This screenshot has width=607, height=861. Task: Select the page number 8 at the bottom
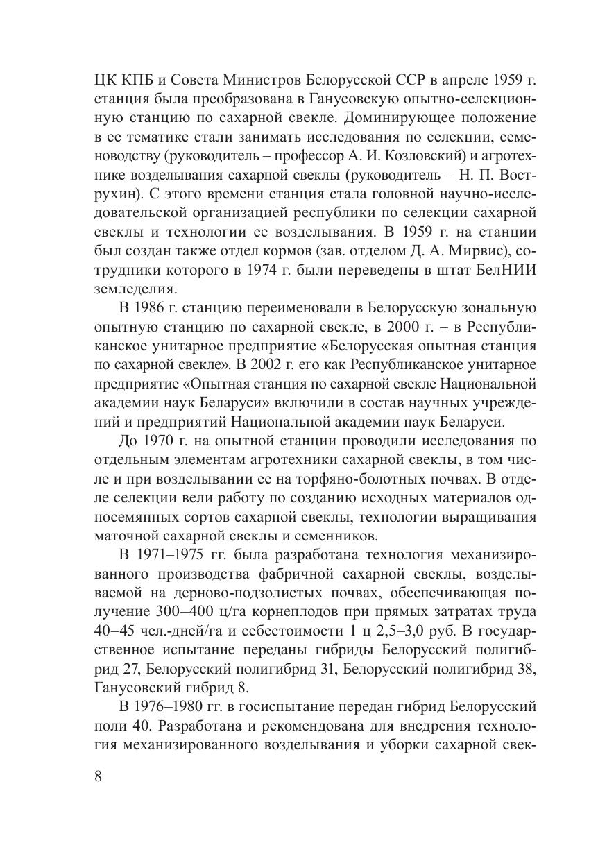coord(98,776)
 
